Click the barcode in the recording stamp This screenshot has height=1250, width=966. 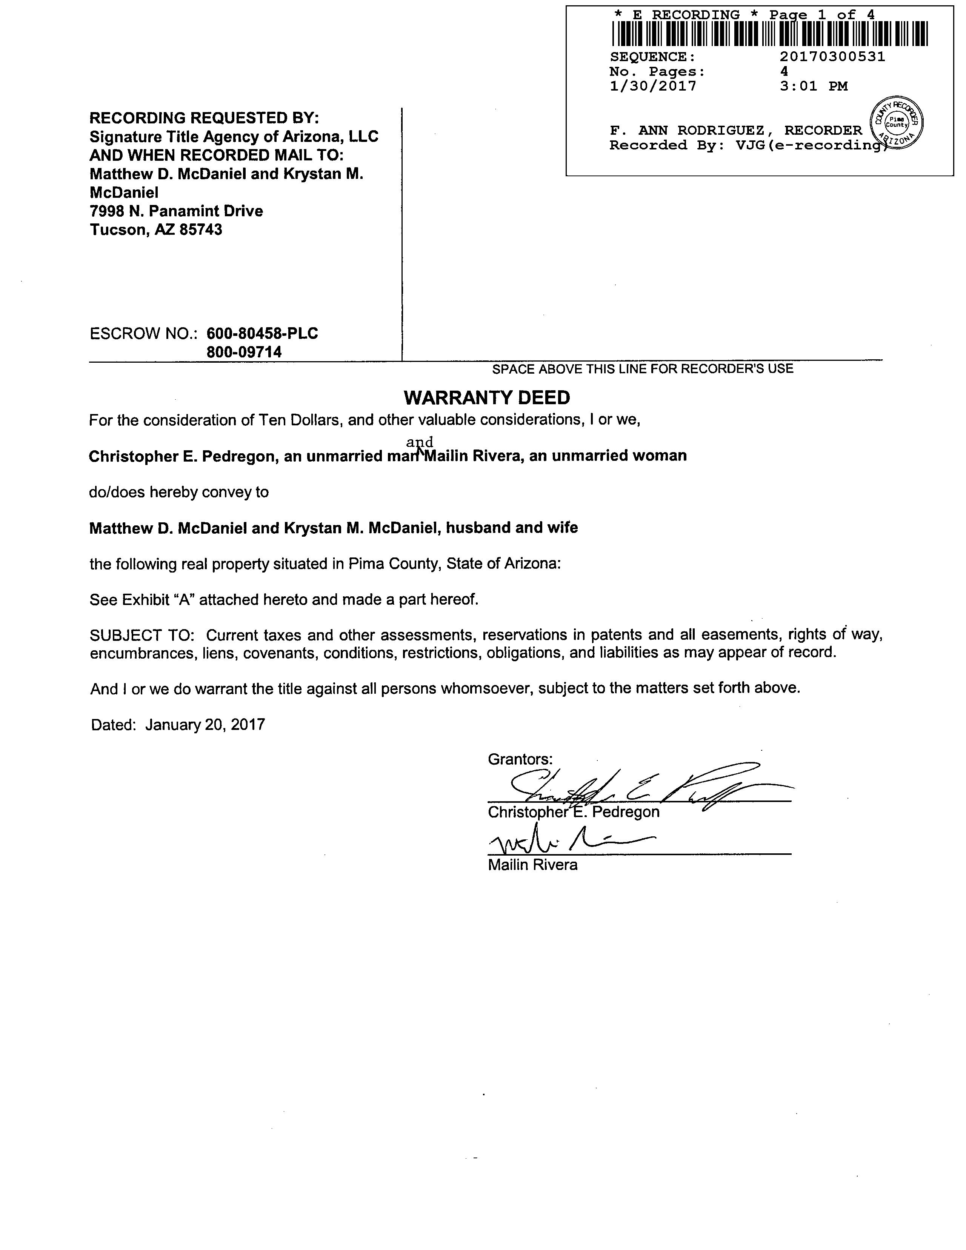[770, 34]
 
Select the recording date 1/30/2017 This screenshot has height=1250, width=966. [653, 86]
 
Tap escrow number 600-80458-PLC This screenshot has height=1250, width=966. [262, 333]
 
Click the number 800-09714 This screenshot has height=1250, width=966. [245, 352]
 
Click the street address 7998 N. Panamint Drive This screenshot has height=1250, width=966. [176, 211]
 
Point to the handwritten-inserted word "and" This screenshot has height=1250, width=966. [420, 442]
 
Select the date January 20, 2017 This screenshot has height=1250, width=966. [205, 725]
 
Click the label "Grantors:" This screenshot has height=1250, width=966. [520, 759]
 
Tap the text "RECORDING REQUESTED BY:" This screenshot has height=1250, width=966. [204, 118]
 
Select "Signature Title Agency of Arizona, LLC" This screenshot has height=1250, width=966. [234, 137]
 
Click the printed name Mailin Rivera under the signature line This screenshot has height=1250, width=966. [532, 865]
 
